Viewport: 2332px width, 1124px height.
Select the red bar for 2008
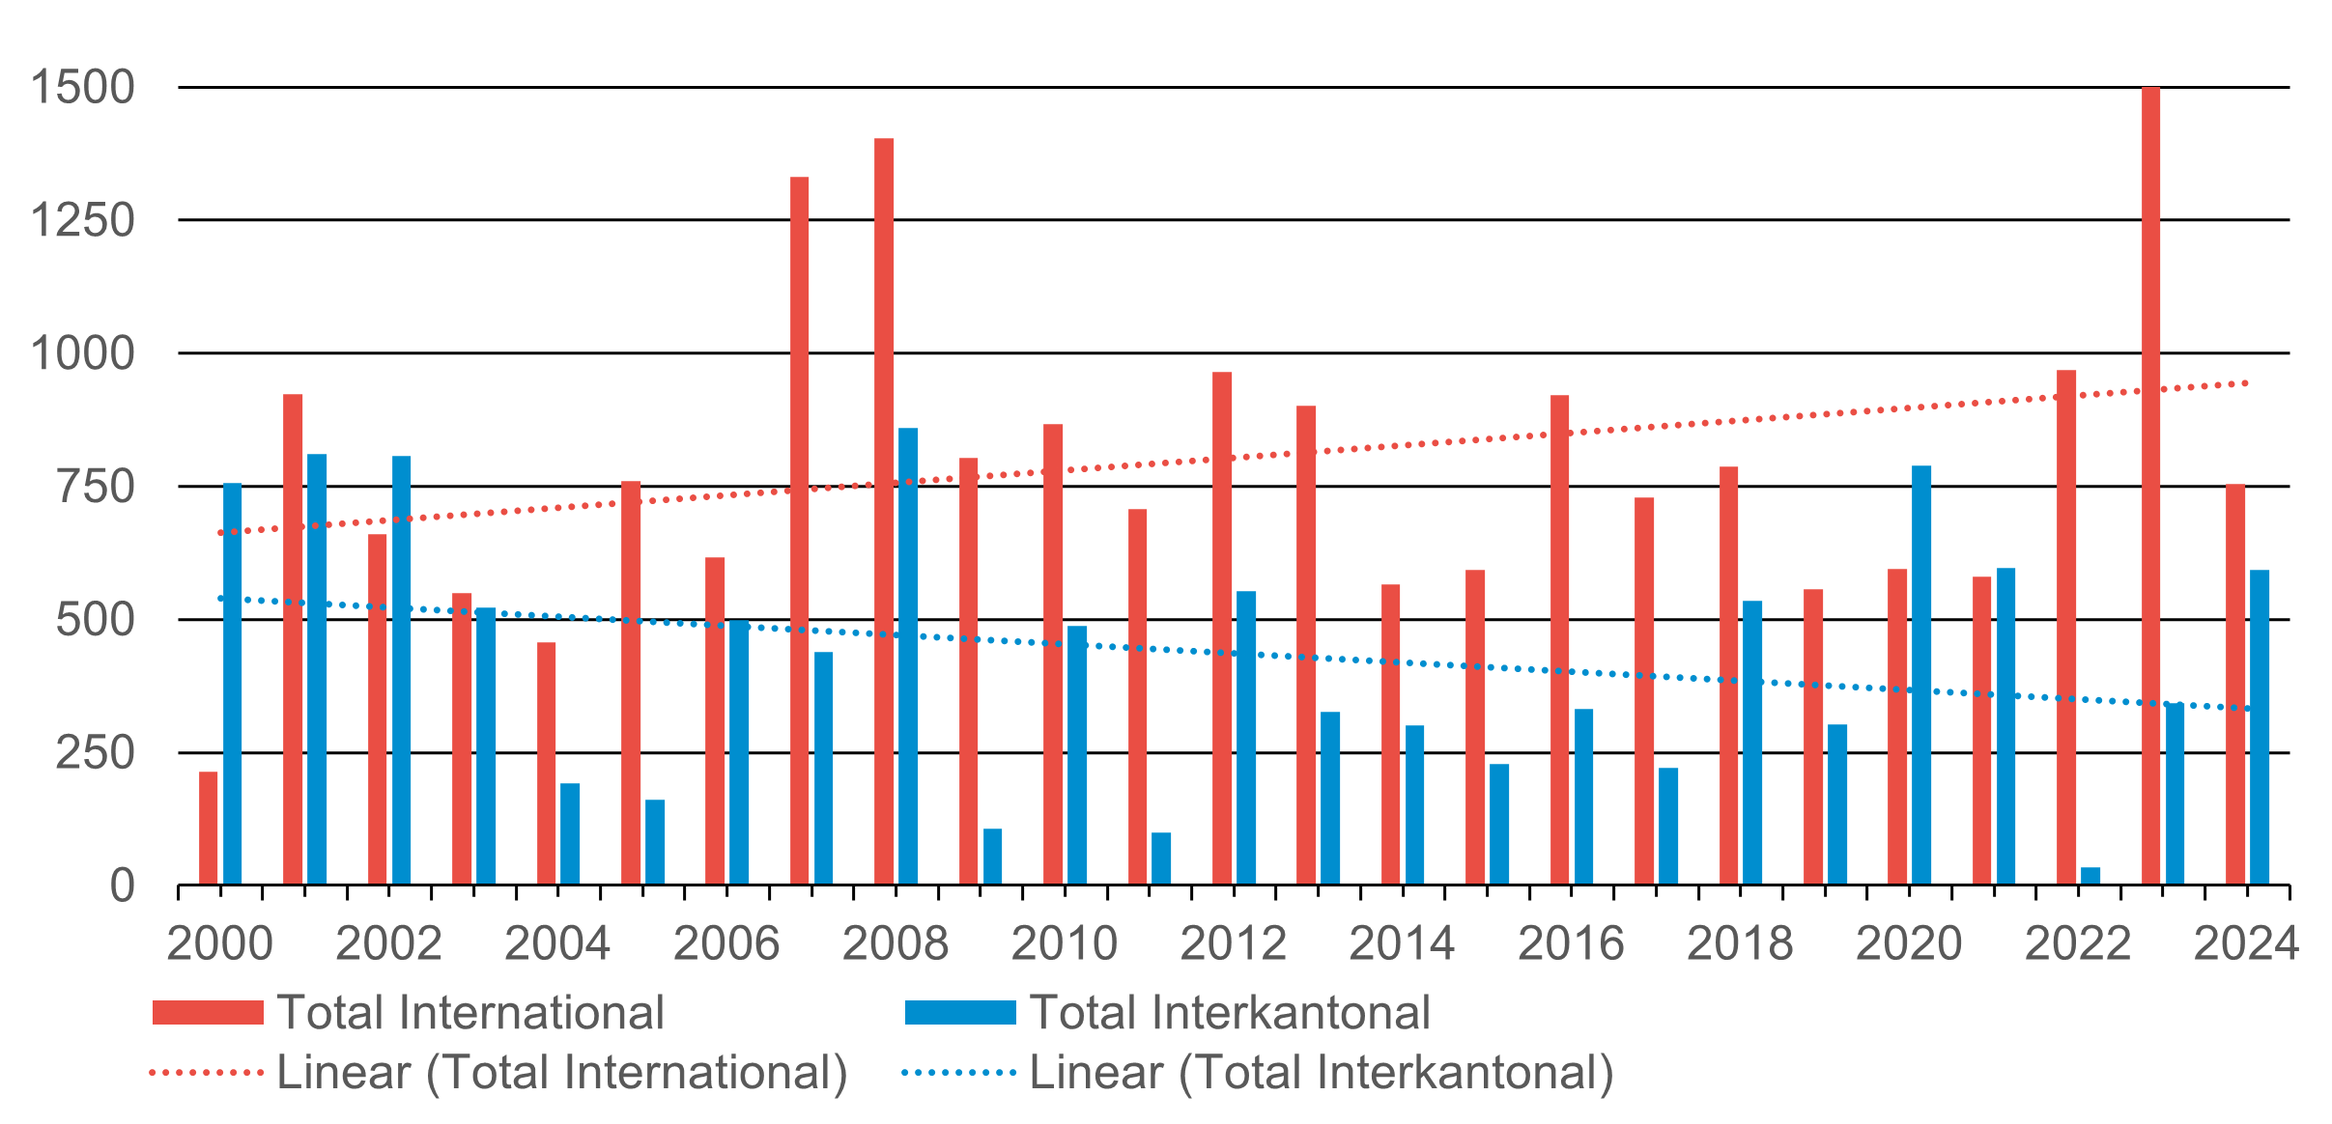click(x=884, y=512)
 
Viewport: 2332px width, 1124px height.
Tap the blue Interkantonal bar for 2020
click(x=1921, y=675)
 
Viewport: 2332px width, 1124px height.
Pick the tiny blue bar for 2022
click(x=2090, y=876)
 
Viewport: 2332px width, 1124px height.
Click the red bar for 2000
click(x=209, y=828)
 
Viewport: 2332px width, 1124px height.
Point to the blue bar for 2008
click(x=908, y=657)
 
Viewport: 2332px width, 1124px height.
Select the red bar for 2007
click(x=799, y=531)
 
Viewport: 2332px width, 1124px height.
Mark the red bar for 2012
click(x=1222, y=628)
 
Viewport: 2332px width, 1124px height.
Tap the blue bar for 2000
click(x=233, y=684)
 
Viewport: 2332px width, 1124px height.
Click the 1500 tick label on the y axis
click(x=83, y=88)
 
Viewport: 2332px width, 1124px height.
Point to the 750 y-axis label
click(x=96, y=487)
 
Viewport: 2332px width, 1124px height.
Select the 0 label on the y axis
click(x=122, y=885)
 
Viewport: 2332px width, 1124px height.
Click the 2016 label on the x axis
click(x=1571, y=943)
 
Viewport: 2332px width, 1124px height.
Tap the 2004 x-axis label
click(x=557, y=943)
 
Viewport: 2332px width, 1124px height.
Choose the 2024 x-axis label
click(x=2246, y=943)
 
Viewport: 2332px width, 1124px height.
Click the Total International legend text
click(x=470, y=1013)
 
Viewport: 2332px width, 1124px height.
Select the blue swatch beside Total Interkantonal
click(x=960, y=1013)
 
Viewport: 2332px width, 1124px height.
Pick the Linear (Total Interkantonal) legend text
click(x=1322, y=1073)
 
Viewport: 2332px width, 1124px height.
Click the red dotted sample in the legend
click(x=207, y=1073)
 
